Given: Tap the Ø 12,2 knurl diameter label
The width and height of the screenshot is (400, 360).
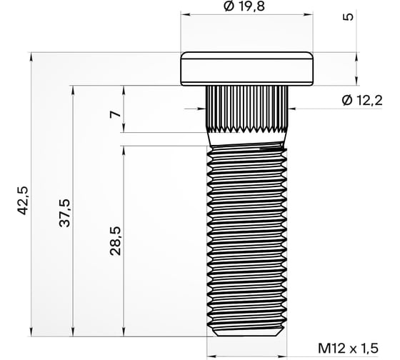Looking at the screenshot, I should (362, 101).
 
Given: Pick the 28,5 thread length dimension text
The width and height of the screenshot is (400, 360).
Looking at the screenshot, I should (116, 241).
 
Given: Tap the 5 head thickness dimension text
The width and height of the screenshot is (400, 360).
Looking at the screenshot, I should (348, 17).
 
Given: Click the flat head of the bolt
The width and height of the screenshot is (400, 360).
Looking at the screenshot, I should (246, 68).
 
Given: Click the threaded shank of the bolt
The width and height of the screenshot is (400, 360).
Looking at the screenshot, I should (246, 236).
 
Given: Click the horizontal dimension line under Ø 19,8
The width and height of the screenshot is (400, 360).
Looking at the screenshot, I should (246, 15).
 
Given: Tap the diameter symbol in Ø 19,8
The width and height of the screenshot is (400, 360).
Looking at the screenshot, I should (228, 6).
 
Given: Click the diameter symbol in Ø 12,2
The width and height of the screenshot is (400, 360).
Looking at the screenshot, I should (347, 101).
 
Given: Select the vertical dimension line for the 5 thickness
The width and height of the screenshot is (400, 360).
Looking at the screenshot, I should (356, 68).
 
